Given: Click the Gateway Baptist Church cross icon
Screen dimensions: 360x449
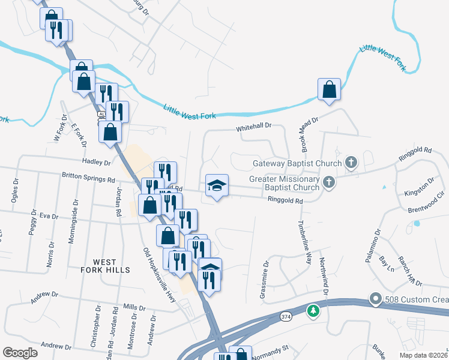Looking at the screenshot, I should coord(351,163).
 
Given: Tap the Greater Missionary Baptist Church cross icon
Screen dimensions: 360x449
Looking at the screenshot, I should coord(328,181).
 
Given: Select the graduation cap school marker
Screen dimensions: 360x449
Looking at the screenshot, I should coord(217,185).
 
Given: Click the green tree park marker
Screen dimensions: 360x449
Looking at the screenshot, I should coord(312,310).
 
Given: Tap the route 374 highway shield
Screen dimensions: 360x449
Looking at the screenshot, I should coord(288,315).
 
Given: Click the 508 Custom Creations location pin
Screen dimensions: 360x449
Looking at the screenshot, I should coord(376,298).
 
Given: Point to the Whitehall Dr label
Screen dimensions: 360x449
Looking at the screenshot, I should coord(255,127).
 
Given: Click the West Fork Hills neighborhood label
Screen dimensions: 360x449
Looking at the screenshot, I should coord(105,266).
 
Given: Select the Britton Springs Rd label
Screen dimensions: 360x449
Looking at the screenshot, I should coord(88,179).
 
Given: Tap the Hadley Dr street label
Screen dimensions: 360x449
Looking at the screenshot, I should coord(99,162).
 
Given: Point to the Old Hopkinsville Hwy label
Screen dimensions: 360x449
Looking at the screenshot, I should coord(159,274).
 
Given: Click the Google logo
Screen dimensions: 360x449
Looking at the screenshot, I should coord(20,353).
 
